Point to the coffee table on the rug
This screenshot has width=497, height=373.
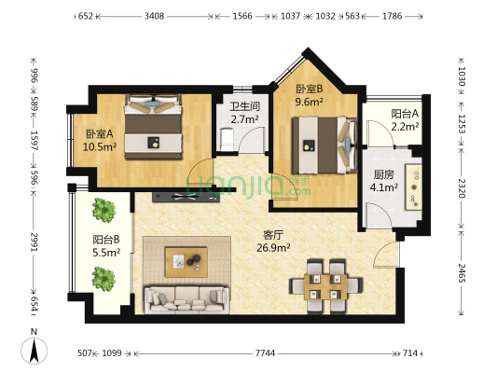pos(187,260)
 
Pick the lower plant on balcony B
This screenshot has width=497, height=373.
pos(103,277)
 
